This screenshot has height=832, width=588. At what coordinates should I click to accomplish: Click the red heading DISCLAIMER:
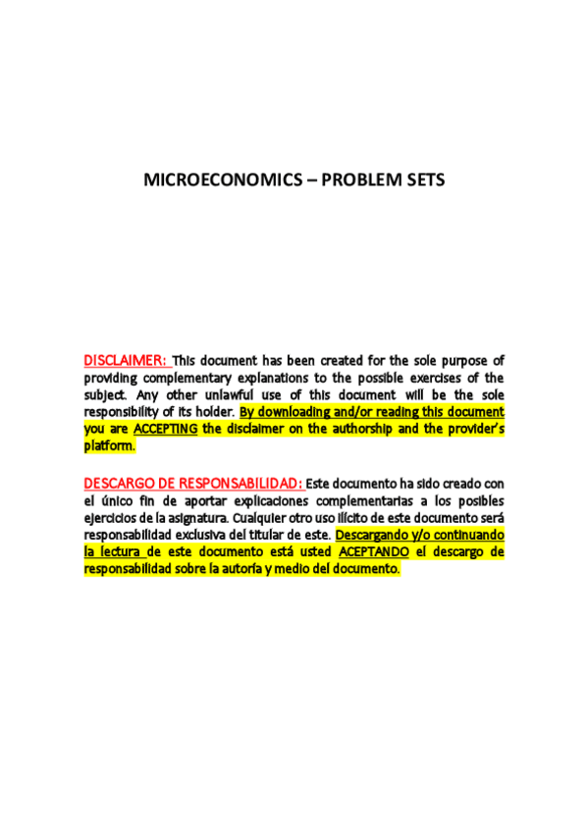(127, 360)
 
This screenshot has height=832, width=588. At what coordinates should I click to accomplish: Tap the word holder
(213, 411)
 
